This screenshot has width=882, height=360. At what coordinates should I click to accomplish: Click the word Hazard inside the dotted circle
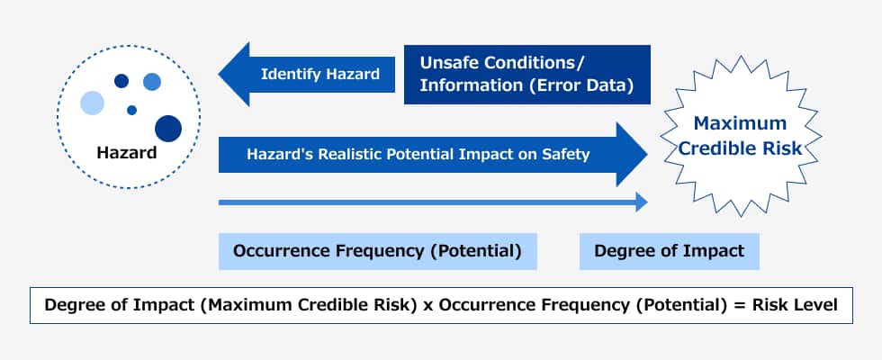click(x=127, y=152)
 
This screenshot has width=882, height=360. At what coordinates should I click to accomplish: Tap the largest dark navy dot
click(x=168, y=128)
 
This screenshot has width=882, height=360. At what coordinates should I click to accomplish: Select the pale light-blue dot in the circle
click(x=92, y=103)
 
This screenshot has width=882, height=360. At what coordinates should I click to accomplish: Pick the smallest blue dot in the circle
click(x=131, y=110)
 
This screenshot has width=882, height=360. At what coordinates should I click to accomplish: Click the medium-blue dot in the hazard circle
click(x=152, y=82)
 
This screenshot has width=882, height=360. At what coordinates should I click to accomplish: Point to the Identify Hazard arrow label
click(x=320, y=74)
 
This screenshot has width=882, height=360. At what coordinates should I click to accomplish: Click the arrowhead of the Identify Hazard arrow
click(x=234, y=74)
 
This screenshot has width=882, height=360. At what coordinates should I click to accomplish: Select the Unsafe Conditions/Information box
click(x=527, y=75)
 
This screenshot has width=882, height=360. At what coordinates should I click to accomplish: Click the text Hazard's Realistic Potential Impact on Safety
click(x=418, y=154)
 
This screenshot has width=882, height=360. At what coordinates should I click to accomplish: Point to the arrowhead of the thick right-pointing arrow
click(x=632, y=154)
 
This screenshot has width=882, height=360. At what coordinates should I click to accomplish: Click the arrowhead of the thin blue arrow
click(x=642, y=202)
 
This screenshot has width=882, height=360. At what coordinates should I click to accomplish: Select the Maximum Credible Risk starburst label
click(x=740, y=136)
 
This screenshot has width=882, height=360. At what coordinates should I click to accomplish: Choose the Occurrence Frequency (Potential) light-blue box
click(x=377, y=251)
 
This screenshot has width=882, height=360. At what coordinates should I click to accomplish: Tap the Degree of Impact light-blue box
click(x=670, y=251)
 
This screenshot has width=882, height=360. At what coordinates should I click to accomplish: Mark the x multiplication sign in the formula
click(x=427, y=306)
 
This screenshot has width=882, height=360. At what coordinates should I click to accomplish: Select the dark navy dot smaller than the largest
click(x=121, y=81)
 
